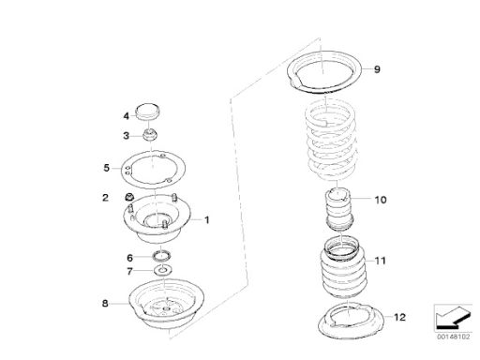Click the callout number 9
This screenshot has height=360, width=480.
point(377,69)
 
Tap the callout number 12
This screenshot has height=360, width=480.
point(399,317)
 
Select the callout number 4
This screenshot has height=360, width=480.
point(126,116)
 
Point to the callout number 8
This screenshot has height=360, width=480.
point(105,303)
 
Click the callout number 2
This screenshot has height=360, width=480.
point(105,198)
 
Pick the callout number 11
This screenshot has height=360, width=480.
point(381,261)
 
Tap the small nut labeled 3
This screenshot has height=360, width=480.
point(150,135)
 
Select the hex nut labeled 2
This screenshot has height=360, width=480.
point(128,197)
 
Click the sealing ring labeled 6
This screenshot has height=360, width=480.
point(161,256)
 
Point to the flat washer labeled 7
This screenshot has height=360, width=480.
point(163,270)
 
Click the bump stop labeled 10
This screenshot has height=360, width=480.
point(339,209)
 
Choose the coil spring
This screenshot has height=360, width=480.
point(330,142)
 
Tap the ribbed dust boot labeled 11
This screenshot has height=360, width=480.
point(342,269)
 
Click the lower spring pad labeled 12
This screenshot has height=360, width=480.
point(351,321)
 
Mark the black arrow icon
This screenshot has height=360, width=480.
point(453,317)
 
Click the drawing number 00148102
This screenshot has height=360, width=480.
point(453,337)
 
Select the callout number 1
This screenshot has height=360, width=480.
point(206,220)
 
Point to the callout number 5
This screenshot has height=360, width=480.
point(107,168)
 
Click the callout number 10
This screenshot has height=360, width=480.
point(381,200)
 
